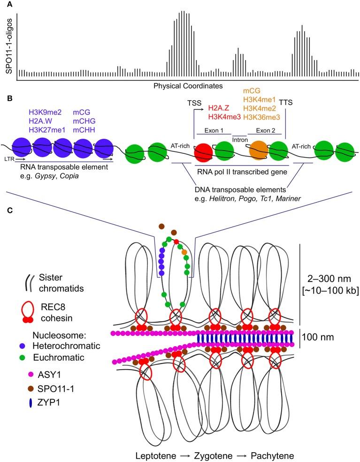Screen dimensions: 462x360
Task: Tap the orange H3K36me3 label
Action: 258,117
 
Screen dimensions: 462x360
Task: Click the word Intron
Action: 240,139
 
